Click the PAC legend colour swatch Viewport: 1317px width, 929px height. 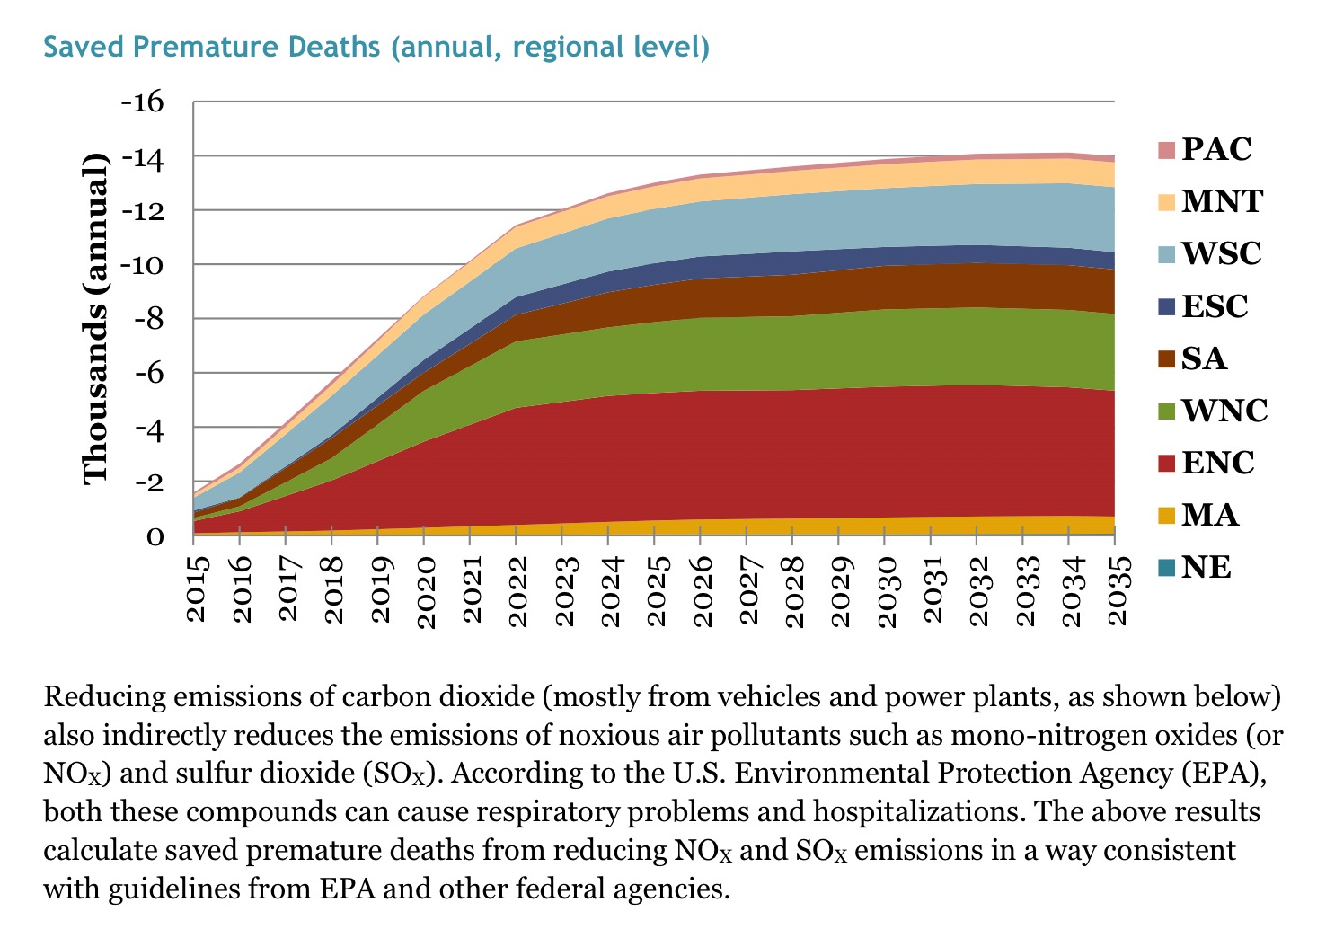1166,149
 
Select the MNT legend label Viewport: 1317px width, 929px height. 1222,201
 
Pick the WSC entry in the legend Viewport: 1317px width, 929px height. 1221,253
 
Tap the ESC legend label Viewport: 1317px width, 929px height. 1215,306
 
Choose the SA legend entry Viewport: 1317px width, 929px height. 1204,358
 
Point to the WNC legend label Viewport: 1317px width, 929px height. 1224,411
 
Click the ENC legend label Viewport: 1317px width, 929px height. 1217,463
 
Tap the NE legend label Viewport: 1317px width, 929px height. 1206,567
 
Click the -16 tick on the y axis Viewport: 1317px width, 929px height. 143,101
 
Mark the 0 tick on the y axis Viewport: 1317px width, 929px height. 155,536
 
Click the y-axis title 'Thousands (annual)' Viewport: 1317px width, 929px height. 95,319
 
